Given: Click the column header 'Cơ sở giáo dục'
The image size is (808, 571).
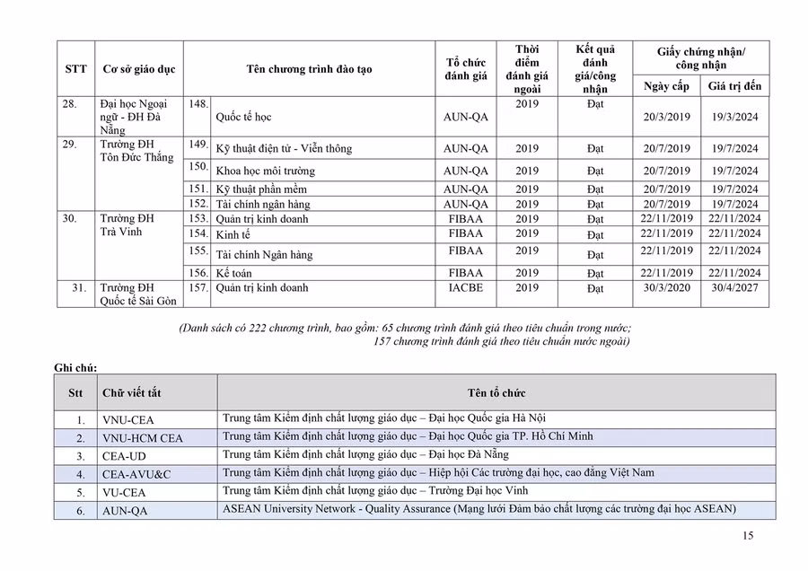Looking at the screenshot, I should tap(139, 69).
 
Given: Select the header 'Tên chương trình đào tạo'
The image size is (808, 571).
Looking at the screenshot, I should tap(309, 69).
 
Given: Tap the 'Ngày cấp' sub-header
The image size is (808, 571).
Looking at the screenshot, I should tap(667, 86).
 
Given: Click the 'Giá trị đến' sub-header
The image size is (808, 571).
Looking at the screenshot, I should tap(734, 86).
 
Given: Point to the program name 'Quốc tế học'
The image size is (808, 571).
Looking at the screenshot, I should tap(243, 118).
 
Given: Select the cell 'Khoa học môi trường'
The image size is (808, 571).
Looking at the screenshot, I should tap(266, 171).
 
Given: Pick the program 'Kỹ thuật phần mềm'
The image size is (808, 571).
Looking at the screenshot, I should tap(261, 189).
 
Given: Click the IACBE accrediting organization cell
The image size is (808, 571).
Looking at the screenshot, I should tap(466, 288).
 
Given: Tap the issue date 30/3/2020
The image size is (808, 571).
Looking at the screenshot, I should tap(667, 289).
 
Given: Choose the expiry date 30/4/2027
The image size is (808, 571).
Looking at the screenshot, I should tap(734, 289).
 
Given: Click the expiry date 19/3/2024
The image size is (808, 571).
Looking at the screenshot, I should tap(734, 118).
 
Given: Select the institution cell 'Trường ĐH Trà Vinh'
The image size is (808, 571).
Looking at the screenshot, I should tap(127, 225).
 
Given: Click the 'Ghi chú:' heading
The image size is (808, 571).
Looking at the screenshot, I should tap(75, 367).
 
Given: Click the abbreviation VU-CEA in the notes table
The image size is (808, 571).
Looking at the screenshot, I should tap(124, 493).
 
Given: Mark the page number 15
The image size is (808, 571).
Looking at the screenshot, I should tap(748, 536).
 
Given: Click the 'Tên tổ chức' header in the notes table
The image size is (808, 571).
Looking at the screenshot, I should tap(496, 393).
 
